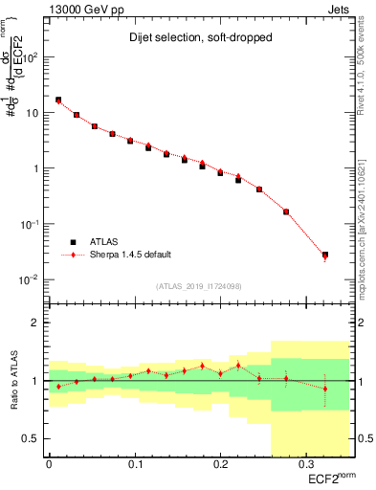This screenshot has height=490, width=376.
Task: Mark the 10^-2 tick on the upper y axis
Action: [30, 279]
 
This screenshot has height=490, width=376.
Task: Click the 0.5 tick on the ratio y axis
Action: [33, 438]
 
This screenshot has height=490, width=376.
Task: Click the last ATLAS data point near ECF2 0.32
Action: [325, 255]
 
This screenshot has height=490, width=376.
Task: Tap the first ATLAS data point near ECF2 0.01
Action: [58, 100]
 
